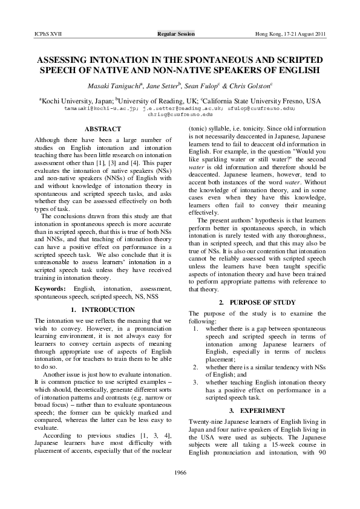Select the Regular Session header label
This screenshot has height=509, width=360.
tap(176, 34)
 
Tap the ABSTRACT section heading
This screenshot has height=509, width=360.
tap(103, 129)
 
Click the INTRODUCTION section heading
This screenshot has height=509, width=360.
tap(103, 310)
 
